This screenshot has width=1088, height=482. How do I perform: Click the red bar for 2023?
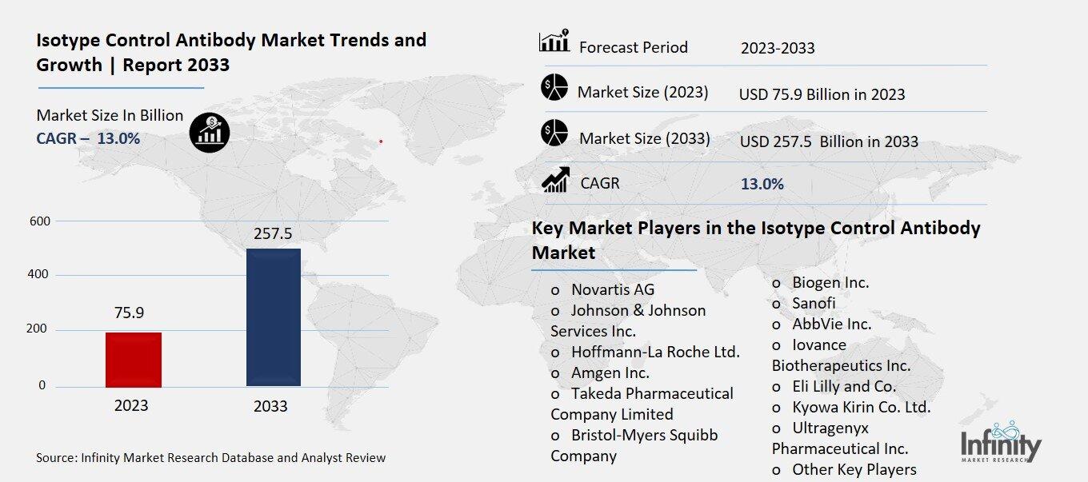134,360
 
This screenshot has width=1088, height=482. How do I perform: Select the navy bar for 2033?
274,317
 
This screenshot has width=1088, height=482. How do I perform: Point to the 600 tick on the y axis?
40,221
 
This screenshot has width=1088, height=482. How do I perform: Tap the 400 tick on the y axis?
40,275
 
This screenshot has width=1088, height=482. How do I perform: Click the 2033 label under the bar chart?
270,406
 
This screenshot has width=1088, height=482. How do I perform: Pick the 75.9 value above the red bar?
129,313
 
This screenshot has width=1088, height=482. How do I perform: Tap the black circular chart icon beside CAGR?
210,132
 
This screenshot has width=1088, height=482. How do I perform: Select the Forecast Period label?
633,47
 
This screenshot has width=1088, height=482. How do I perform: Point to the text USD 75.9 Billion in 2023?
822,94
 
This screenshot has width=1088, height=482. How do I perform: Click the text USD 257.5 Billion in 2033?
829,141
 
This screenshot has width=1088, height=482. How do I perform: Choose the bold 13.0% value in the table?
762,184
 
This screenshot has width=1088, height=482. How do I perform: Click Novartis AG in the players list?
612,289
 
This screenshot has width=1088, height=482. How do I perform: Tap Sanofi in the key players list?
814,303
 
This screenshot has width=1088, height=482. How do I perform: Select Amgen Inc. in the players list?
610,372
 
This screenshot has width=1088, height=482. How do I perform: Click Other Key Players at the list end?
854,469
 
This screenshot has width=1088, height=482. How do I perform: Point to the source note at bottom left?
210,458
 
